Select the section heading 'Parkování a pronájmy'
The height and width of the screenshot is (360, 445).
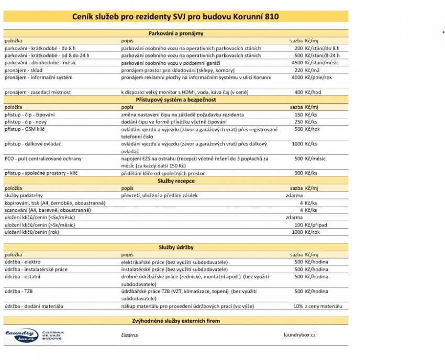(175, 33)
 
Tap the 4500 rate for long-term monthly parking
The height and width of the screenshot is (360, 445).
(297, 63)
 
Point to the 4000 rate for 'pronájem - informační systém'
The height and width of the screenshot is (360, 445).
(297, 77)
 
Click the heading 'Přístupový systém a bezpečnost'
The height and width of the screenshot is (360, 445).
(175, 99)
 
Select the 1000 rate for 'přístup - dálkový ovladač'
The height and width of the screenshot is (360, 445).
(297, 143)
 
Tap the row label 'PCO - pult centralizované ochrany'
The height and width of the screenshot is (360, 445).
(43, 158)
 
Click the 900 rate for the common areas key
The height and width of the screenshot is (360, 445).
(298, 173)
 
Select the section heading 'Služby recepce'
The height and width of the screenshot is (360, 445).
(175, 181)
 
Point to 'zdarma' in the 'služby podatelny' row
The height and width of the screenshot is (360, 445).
(294, 195)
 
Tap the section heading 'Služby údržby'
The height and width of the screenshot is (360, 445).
(175, 246)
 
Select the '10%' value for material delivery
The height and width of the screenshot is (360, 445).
(297, 306)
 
